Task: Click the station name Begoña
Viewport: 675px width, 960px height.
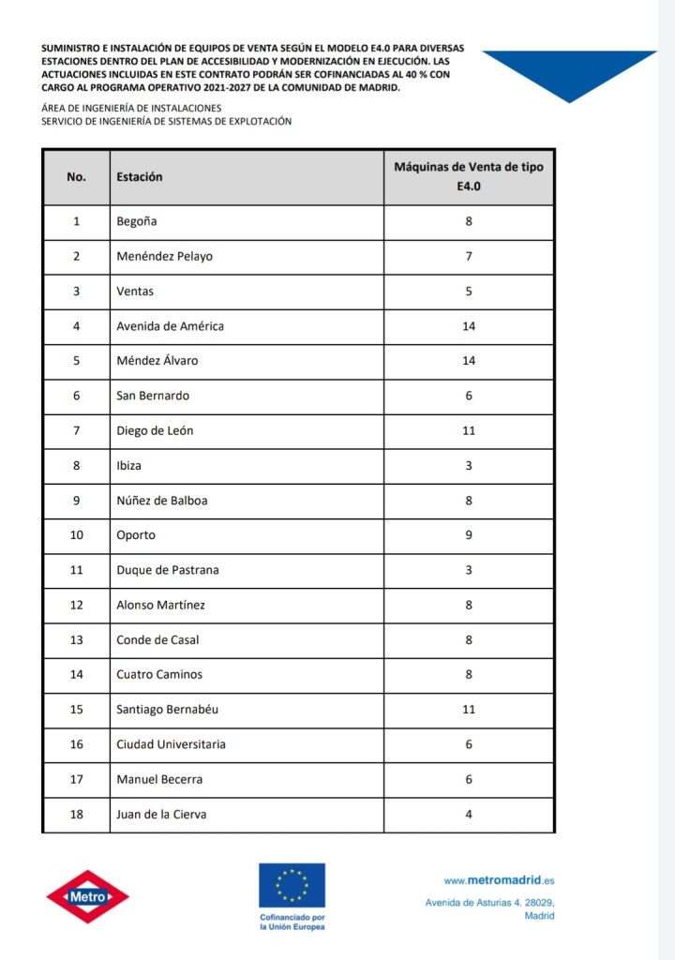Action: click(x=137, y=221)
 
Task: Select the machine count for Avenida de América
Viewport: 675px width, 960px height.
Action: click(x=469, y=326)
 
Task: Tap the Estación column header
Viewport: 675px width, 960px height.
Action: click(x=140, y=176)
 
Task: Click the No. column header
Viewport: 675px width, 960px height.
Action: click(x=76, y=176)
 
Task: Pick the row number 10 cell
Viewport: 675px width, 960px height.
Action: click(x=76, y=535)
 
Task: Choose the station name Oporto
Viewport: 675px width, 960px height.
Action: click(x=136, y=535)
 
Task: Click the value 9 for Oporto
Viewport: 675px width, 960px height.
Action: click(x=469, y=535)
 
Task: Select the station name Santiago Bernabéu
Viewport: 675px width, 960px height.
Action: click(x=167, y=710)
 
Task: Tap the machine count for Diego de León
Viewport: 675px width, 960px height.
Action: click(x=469, y=430)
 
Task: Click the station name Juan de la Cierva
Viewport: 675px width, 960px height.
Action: click(x=161, y=815)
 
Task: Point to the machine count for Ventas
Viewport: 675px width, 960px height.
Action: click(x=469, y=292)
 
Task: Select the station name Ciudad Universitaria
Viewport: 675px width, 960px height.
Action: click(x=171, y=744)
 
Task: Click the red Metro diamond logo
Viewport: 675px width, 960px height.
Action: click(x=88, y=897)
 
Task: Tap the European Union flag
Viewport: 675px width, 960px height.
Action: click(x=292, y=885)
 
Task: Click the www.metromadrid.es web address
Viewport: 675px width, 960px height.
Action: click(x=499, y=880)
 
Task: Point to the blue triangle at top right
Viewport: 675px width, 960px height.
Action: click(x=570, y=70)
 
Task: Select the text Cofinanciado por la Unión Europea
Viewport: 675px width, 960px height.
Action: click(x=292, y=922)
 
